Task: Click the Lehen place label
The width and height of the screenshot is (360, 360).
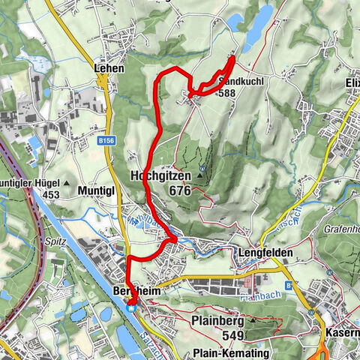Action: tap(109, 67)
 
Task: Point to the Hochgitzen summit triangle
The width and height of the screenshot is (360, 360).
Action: tap(200, 177)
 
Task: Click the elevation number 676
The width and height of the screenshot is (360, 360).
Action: tap(180, 191)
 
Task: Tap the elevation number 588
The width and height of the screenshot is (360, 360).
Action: tap(227, 94)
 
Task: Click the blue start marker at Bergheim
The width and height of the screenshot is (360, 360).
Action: tap(131, 305)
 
